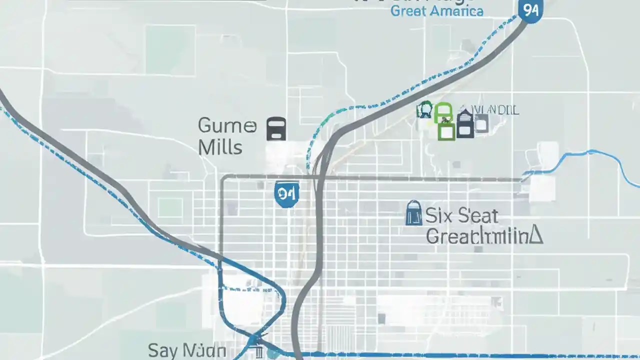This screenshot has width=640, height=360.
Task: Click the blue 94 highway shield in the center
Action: coord(286,194)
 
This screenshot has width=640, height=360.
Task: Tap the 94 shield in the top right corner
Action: coord(529,10)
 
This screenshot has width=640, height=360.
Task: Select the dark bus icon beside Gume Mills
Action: coord(276,128)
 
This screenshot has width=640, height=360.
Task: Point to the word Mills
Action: coord(220,147)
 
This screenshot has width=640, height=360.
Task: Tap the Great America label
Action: coord(436,11)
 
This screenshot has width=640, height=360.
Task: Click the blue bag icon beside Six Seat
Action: coord(413,213)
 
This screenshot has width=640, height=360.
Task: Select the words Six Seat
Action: coord(461,216)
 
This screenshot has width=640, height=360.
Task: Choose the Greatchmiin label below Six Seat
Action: coord(484,236)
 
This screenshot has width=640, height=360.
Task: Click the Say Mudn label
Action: coord(187,350)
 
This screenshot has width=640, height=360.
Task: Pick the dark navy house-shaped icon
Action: coord(465,124)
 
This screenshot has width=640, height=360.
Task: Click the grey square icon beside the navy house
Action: coord(481,123)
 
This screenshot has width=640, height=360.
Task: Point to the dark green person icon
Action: coord(425,110)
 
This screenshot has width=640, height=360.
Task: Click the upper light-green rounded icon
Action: coord(443,112)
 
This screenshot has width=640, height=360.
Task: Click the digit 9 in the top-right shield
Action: coord(525,10)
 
